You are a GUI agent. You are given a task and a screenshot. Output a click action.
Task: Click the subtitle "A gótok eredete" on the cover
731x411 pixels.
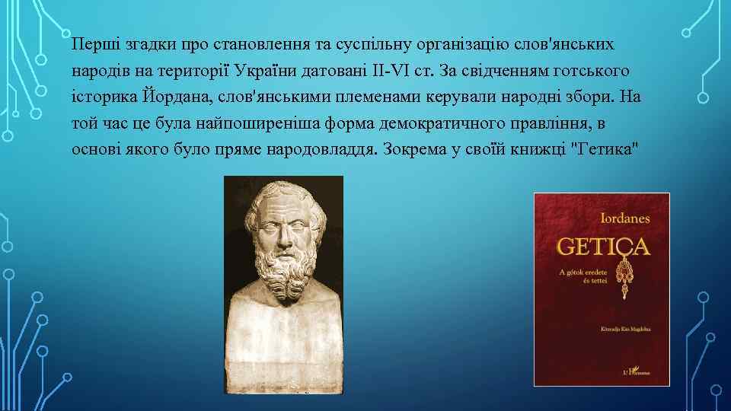tap(586, 272)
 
